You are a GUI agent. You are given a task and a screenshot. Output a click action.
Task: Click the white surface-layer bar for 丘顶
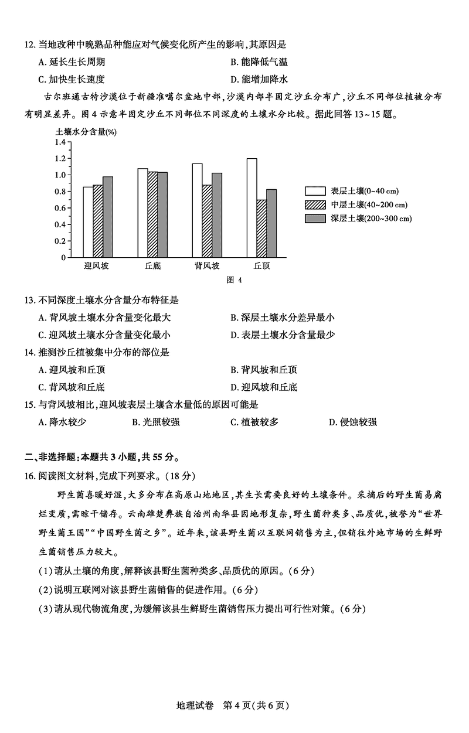click(x=252, y=207)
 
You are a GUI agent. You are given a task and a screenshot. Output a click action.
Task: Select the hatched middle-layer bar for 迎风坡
click(x=98, y=221)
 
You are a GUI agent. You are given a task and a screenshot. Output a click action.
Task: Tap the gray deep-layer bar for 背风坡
click(x=217, y=214)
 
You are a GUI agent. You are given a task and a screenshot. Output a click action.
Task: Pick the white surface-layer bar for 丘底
click(x=142, y=212)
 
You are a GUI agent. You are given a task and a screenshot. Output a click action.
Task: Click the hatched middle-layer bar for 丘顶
click(x=261, y=228)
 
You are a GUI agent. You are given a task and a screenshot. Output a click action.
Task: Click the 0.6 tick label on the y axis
click(x=59, y=207)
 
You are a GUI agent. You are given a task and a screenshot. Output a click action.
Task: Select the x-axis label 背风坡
click(x=207, y=266)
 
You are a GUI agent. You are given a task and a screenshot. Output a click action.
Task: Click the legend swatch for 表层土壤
click(x=315, y=191)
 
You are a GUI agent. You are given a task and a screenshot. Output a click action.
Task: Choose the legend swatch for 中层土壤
click(x=315, y=204)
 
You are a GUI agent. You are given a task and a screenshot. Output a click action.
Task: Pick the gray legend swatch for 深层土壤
click(x=315, y=219)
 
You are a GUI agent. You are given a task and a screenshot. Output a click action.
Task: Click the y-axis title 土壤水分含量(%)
click(x=86, y=132)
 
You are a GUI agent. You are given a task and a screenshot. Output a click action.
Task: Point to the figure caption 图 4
click(x=234, y=279)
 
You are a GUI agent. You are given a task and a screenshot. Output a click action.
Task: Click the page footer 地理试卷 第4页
click(x=233, y=705)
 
